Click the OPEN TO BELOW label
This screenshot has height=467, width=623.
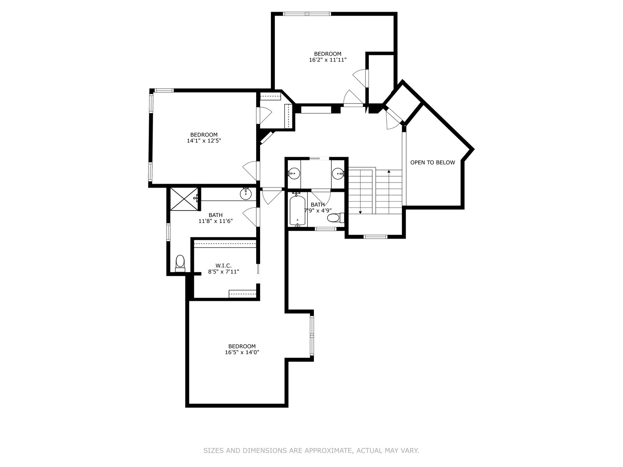click(432, 162)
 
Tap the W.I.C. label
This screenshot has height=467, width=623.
click(224, 266)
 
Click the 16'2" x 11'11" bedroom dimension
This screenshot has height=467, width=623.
click(327, 60)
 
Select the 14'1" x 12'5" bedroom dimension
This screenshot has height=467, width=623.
click(204, 140)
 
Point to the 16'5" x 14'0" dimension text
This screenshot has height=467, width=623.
click(242, 352)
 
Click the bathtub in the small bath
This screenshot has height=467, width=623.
click(297, 210)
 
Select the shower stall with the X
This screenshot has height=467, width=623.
click(184, 199)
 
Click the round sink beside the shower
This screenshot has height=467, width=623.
click(246, 194)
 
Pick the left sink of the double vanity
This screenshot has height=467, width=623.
click(294, 173)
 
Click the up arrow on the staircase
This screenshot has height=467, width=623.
click(389, 192)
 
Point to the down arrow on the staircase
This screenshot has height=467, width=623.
click(360, 192)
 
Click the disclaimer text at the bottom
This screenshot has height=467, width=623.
click(311, 450)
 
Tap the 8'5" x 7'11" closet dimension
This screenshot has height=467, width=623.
click(224, 272)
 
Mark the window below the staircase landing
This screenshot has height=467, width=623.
click(375, 237)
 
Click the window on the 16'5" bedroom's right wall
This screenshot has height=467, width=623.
click(312, 335)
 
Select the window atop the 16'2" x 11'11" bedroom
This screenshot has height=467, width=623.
click(307, 14)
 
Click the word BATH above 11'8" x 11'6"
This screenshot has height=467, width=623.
click(215, 215)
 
